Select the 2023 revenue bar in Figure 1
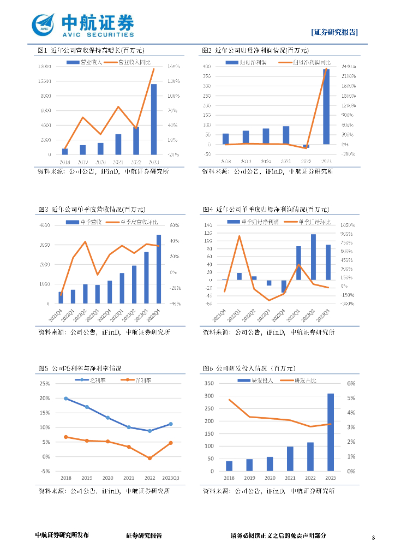154,119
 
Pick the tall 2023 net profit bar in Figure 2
326,106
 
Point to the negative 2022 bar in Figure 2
306,146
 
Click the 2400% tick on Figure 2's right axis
350,67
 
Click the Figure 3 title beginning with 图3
92,209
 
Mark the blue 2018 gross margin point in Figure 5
65,399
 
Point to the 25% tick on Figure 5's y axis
45,383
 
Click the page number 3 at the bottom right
374,539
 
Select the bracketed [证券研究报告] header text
334,32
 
